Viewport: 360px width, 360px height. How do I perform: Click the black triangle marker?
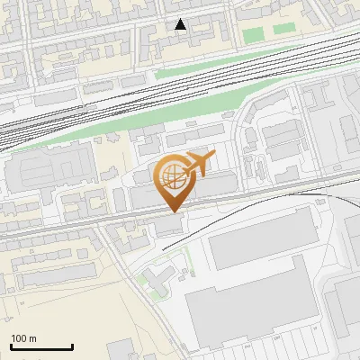[181, 24]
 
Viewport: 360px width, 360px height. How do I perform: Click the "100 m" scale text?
[23, 338]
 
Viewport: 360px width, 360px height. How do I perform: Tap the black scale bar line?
[41, 346]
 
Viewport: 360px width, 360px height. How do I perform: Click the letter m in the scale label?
[32, 338]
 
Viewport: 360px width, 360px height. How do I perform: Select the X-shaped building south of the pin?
[155, 282]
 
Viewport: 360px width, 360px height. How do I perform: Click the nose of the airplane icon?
[214, 157]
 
